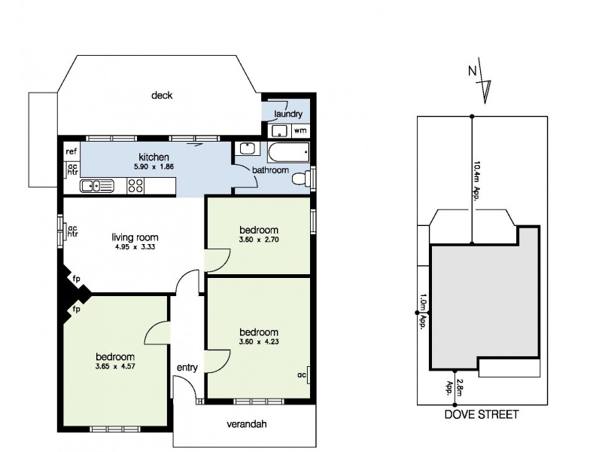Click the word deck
coord(162,96)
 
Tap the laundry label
coord(288,114)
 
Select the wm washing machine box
coord(300,130)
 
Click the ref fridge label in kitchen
coord(71,151)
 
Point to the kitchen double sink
coord(97,186)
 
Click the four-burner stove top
coord(135,185)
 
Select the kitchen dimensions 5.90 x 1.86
coord(154,166)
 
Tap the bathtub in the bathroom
coord(288,153)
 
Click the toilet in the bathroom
coord(301,179)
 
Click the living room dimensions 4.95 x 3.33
coord(135,247)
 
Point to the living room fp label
coord(77,279)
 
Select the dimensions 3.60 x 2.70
coord(259,240)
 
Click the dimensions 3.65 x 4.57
coord(115,366)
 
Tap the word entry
coord(187,368)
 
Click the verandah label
coord(247,424)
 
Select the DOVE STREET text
coord(482,415)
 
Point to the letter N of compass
coord(473,71)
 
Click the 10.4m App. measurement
coord(477,181)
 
